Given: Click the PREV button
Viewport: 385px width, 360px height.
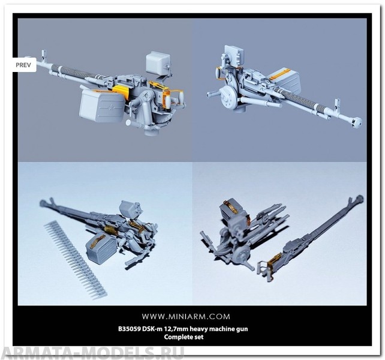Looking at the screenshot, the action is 24,65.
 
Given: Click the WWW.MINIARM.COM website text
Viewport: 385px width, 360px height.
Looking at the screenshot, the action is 186,316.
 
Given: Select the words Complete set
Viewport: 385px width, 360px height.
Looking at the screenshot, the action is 184,337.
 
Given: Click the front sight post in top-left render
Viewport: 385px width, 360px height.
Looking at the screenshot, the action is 44,56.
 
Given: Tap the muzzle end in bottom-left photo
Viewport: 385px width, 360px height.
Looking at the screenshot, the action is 43,203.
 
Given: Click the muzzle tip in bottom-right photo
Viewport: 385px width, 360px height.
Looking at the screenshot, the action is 360,198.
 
